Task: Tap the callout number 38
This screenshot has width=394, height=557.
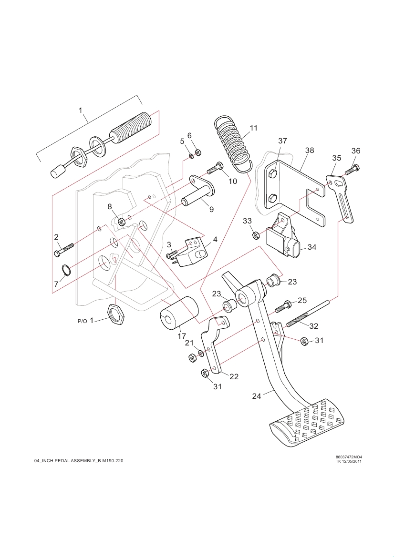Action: click(x=310, y=150)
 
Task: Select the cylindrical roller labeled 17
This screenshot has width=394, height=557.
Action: click(x=179, y=313)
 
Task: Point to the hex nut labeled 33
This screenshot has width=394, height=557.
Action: click(x=255, y=235)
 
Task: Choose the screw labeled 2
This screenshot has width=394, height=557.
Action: click(x=63, y=249)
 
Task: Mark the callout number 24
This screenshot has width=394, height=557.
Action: click(x=257, y=396)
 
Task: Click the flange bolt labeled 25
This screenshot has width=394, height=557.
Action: click(x=283, y=305)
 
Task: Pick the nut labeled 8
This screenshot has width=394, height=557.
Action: click(x=121, y=221)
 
